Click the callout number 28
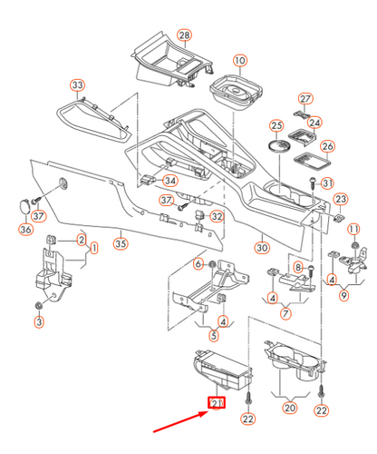(185, 35)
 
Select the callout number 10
(240, 61)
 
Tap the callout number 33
(78, 85)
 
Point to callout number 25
(276, 125)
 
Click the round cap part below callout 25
(280, 145)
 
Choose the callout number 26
(328, 146)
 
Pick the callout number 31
(327, 183)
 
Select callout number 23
(341, 199)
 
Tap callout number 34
(170, 181)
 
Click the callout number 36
(25, 229)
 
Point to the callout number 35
(121, 243)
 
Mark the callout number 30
(262, 248)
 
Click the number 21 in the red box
(217, 403)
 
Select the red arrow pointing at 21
(180, 421)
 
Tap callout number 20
(290, 408)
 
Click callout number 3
(39, 321)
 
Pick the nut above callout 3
(39, 305)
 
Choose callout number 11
(353, 229)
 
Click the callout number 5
(214, 335)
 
